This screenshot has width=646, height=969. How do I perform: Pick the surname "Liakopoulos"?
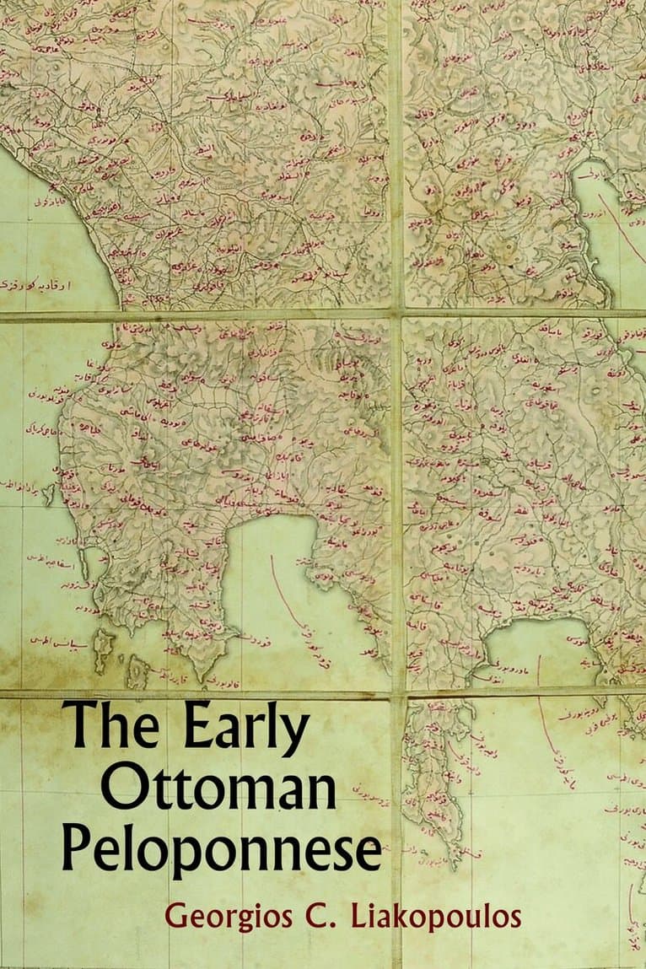(x=436, y=916)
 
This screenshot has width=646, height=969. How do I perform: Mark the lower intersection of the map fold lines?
(x=396, y=694)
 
